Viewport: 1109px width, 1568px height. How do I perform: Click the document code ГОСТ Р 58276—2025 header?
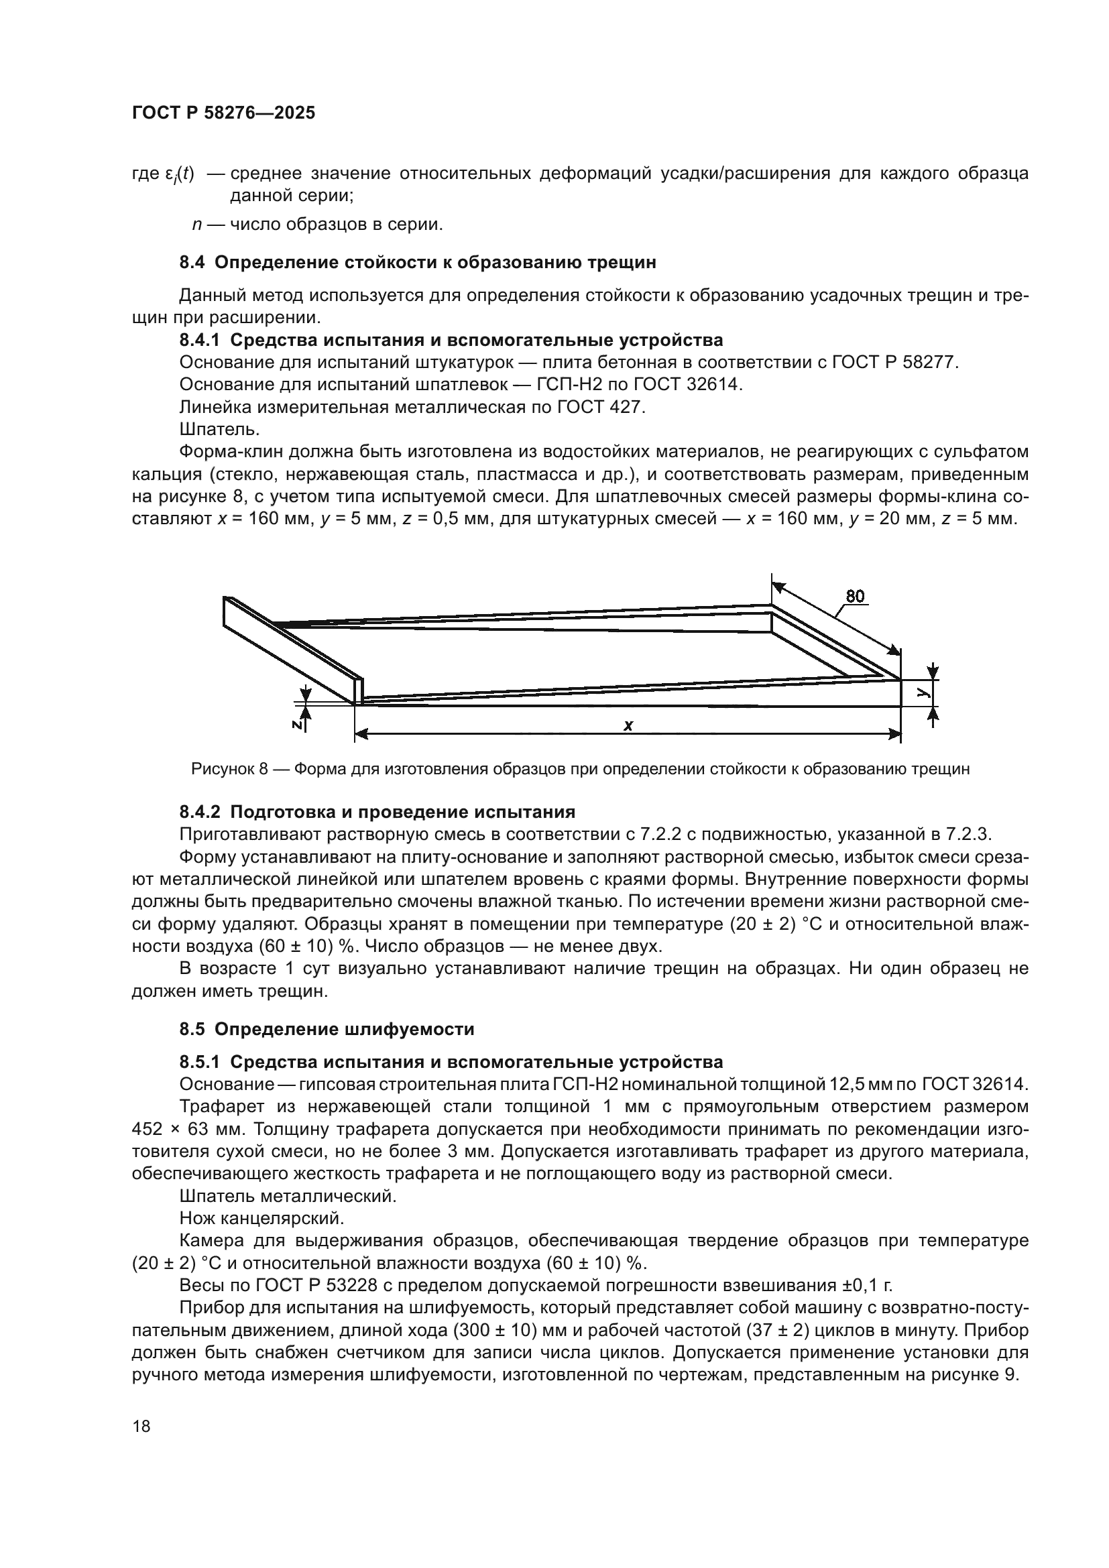coord(223,113)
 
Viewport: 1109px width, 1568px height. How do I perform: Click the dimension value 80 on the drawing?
coord(855,596)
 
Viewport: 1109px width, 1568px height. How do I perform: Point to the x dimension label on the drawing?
coord(628,725)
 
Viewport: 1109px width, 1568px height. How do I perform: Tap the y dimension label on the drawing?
coord(923,692)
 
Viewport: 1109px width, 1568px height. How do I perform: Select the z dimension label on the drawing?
coord(297,725)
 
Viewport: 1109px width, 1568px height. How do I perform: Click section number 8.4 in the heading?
coord(193,262)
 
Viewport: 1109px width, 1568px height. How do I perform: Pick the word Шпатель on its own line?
coord(219,430)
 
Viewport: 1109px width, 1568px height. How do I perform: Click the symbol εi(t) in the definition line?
coord(180,174)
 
